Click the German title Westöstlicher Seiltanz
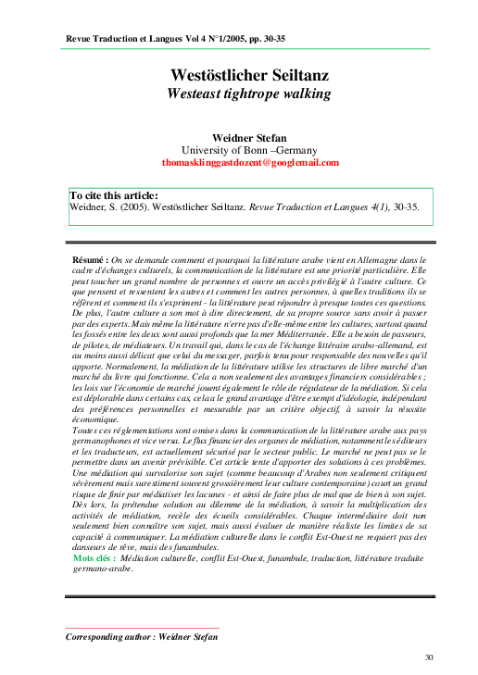250,75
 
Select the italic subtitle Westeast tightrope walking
249,94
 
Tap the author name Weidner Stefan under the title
250,137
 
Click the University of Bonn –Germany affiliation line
250,149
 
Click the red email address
250,162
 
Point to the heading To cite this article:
114,195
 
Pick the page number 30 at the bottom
429,657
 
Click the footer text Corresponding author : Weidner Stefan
141,637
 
